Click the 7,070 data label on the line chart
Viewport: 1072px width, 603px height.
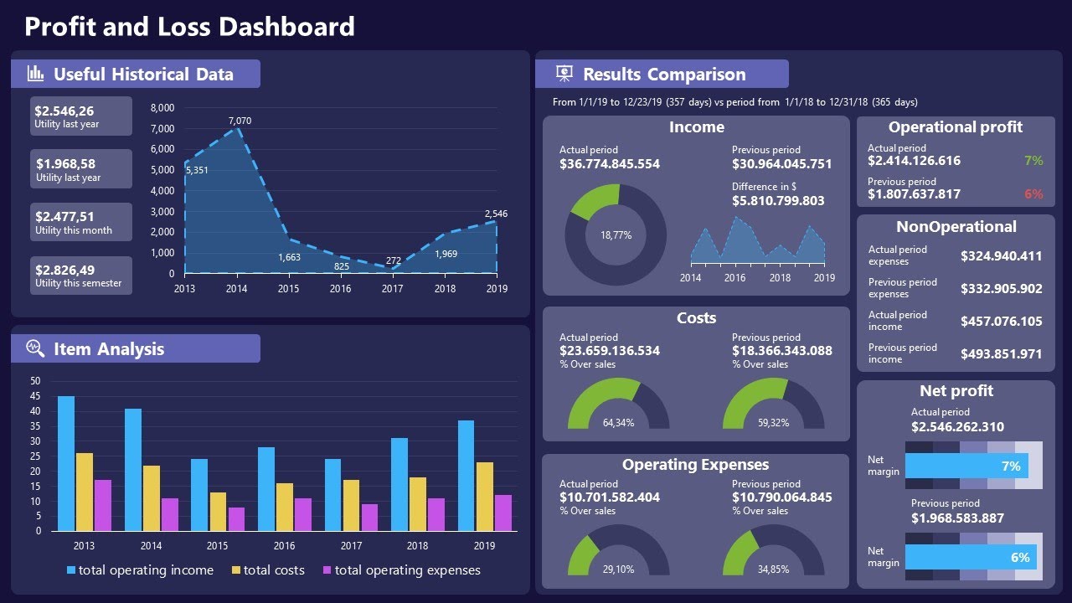pos(240,121)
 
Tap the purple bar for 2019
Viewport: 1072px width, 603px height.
pos(502,513)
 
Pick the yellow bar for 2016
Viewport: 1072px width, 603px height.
pos(285,507)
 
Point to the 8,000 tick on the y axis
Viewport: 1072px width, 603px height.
pos(162,108)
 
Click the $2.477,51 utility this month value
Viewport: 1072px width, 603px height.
pos(64,217)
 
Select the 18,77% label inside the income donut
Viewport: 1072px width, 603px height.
pos(616,235)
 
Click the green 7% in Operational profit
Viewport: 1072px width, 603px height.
pos(1033,161)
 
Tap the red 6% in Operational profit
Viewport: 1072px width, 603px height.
pos(1033,194)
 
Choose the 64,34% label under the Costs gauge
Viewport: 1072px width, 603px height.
pos(618,423)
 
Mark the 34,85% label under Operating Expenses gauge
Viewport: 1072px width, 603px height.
pos(773,569)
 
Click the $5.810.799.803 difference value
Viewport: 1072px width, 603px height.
pos(778,201)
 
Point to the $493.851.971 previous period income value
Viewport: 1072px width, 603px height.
pos(1002,354)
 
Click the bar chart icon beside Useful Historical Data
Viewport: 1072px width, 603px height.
pos(35,74)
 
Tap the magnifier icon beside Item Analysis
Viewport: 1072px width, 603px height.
pos(35,348)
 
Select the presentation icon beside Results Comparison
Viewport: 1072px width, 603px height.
pos(564,74)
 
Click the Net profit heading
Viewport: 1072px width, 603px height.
pos(956,391)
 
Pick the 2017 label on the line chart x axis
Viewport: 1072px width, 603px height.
pos(393,289)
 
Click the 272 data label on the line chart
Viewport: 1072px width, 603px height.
pos(394,260)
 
